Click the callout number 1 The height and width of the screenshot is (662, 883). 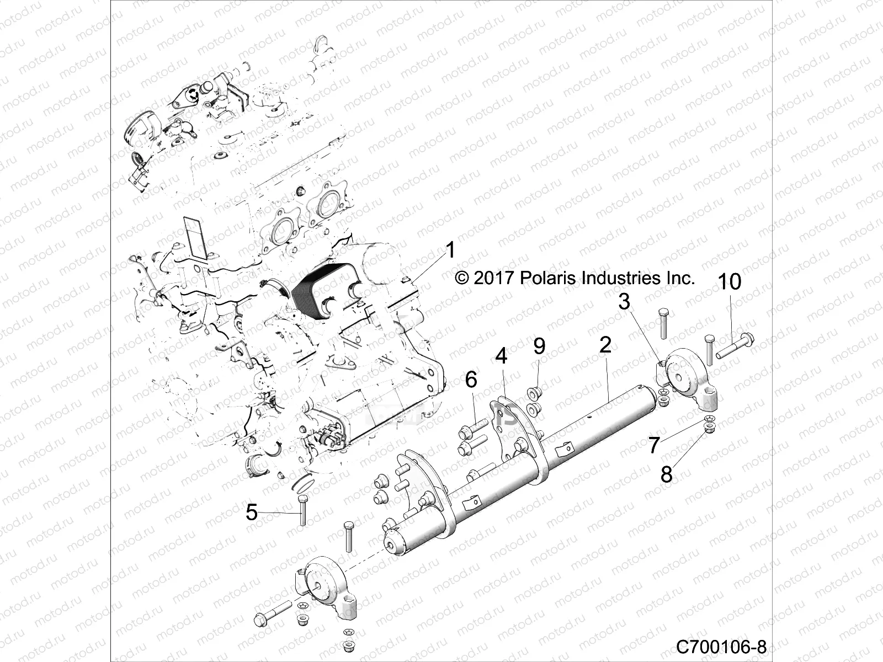pyautogui.click(x=451, y=251)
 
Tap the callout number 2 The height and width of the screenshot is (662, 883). pyautogui.click(x=605, y=345)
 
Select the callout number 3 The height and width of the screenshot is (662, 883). pyautogui.click(x=624, y=302)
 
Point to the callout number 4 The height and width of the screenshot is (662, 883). pyautogui.click(x=501, y=356)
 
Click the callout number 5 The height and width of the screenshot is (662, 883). pyautogui.click(x=252, y=513)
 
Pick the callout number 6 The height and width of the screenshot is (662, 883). pyautogui.click(x=471, y=380)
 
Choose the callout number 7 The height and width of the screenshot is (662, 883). pyautogui.click(x=654, y=445)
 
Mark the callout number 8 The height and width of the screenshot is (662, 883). pyautogui.click(x=667, y=473)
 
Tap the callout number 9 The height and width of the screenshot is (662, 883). pyautogui.click(x=539, y=346)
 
